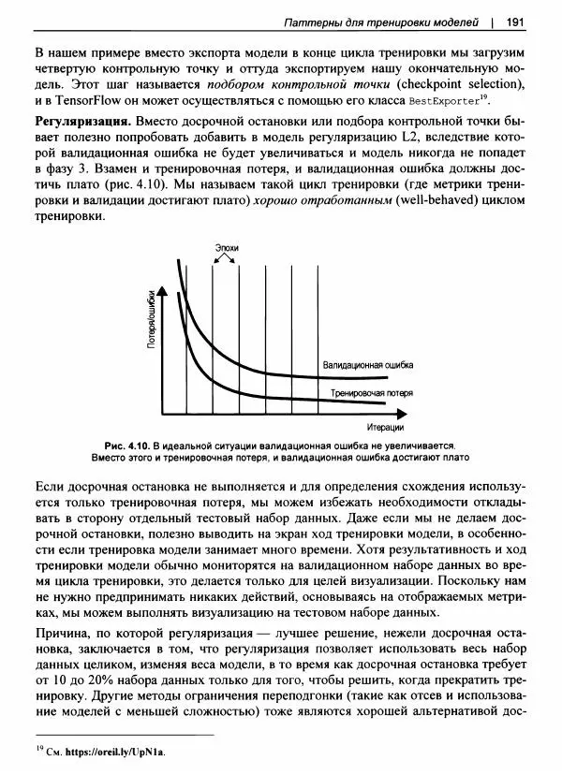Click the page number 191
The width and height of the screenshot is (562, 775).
(x=515, y=22)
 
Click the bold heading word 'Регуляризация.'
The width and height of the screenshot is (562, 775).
(x=82, y=123)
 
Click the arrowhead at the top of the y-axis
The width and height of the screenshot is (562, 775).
(x=165, y=293)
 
